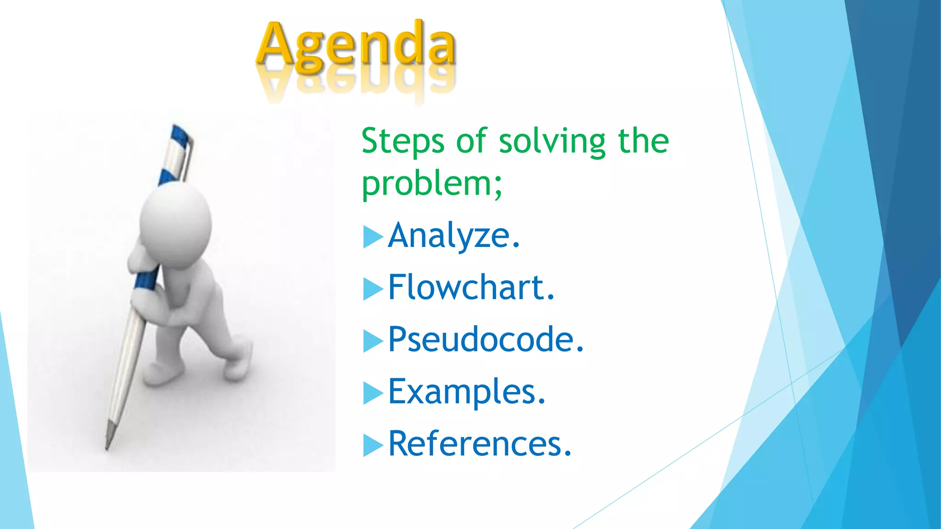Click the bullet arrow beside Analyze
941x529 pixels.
[372, 237]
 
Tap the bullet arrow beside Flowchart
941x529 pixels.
[372, 289]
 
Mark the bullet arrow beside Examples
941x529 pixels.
[372, 393]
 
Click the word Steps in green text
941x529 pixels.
[402, 141]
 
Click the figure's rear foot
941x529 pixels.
[238, 363]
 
